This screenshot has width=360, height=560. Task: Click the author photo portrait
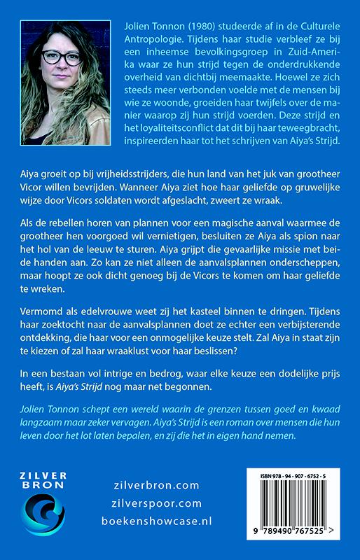click(x=65, y=83)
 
